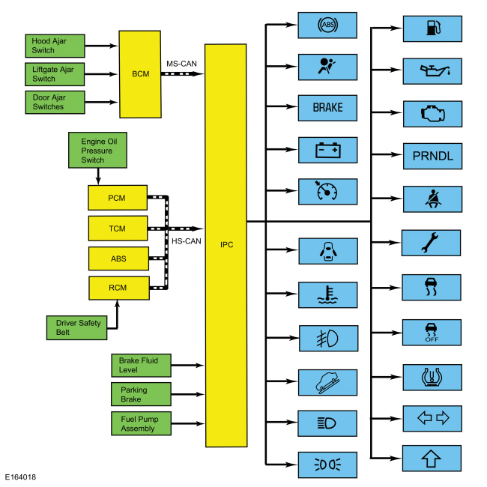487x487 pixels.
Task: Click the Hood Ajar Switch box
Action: pyautogui.click(x=55, y=45)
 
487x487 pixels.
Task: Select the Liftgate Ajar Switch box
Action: pyautogui.click(x=55, y=73)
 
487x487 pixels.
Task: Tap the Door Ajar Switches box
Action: pyautogui.click(x=55, y=102)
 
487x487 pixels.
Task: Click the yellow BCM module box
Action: pyautogui.click(x=140, y=74)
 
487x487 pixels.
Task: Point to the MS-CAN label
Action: pyautogui.click(x=182, y=64)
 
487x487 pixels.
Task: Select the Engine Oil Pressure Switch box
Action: pyautogui.click(x=97, y=150)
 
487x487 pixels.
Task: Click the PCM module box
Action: pyautogui.click(x=117, y=198)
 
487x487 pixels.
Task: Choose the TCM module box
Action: pyautogui.click(x=117, y=228)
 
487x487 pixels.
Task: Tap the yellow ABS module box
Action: pyautogui.click(x=118, y=258)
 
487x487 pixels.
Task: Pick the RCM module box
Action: pyautogui.click(x=117, y=288)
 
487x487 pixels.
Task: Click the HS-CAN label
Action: pyautogui.click(x=186, y=241)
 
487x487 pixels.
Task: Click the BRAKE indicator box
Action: pyautogui.click(x=327, y=108)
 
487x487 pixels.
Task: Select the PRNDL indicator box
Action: pyautogui.click(x=432, y=157)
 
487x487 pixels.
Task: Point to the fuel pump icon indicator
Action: pyautogui.click(x=432, y=28)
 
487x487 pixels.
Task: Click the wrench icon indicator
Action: pyautogui.click(x=432, y=243)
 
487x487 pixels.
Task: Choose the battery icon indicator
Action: pyautogui.click(x=327, y=150)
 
